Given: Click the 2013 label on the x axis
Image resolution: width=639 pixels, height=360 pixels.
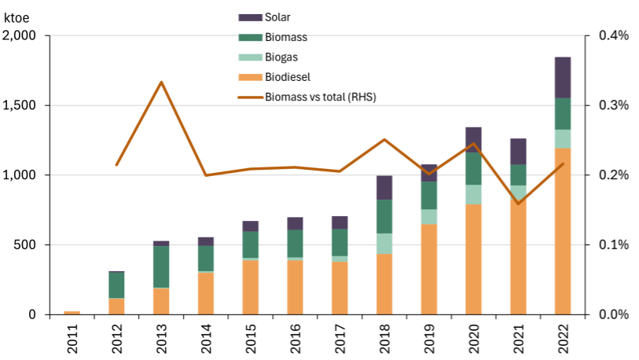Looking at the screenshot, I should tap(161, 339).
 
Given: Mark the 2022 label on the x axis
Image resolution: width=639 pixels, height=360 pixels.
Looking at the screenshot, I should tap(563, 339).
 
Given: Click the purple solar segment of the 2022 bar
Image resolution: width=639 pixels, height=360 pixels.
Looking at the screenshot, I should tap(563, 77).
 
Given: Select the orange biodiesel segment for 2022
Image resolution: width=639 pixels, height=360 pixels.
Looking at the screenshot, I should tap(563, 231).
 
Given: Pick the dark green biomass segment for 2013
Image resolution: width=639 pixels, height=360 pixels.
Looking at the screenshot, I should tap(161, 267).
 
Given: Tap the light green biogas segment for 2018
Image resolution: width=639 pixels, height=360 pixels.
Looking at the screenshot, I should tap(384, 244).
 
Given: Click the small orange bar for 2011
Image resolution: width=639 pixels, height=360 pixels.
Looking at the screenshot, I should tap(72, 312).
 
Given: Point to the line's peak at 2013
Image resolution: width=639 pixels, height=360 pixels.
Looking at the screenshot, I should tap(161, 82).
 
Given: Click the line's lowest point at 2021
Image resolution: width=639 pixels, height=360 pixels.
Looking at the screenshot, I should tap(518, 204).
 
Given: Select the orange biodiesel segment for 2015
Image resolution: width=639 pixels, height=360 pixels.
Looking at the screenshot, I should tap(250, 286).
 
